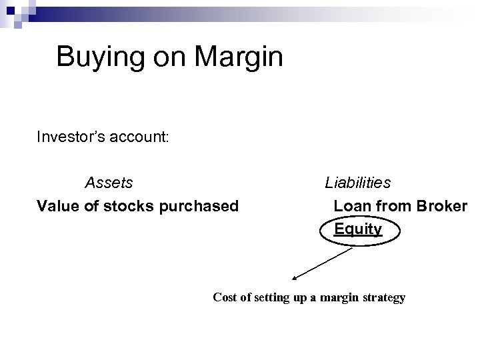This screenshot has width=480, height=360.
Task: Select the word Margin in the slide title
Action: coord(239,57)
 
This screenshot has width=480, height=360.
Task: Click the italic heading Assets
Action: coord(109,183)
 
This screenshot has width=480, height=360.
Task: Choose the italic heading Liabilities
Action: coord(358,183)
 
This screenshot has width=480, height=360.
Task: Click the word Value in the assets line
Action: coord(58,206)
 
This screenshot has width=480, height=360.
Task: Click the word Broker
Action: coord(442,206)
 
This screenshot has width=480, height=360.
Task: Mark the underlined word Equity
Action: coord(358,229)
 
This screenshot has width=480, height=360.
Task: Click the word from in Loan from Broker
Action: coord(393,206)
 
